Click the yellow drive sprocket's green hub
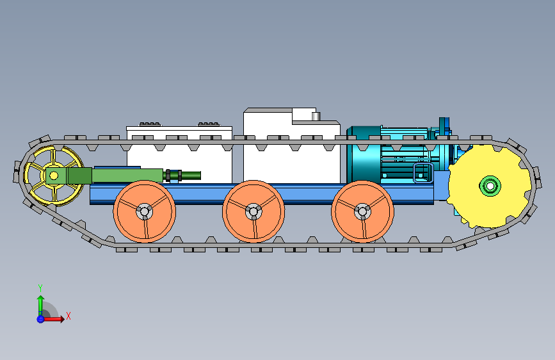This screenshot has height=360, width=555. coord(490,186)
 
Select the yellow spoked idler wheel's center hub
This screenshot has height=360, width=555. coord(54,176)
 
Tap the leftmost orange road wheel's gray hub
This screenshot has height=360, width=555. coord(145,211)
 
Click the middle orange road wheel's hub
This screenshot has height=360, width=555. coord(253,211)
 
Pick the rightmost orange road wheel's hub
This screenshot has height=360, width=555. coord(362,211)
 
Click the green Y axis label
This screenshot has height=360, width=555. coord(40,288)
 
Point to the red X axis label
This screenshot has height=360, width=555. coord(68,316)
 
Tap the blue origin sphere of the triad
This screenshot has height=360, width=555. coord(40,319)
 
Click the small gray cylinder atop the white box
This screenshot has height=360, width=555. coord(316,116)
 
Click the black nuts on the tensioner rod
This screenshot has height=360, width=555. coord(173,176)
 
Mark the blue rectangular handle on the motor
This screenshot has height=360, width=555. coord(423,173)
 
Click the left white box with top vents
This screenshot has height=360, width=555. coord(179,155)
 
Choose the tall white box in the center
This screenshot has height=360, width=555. coord(292,145)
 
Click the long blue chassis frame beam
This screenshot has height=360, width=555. coord(262,194)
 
